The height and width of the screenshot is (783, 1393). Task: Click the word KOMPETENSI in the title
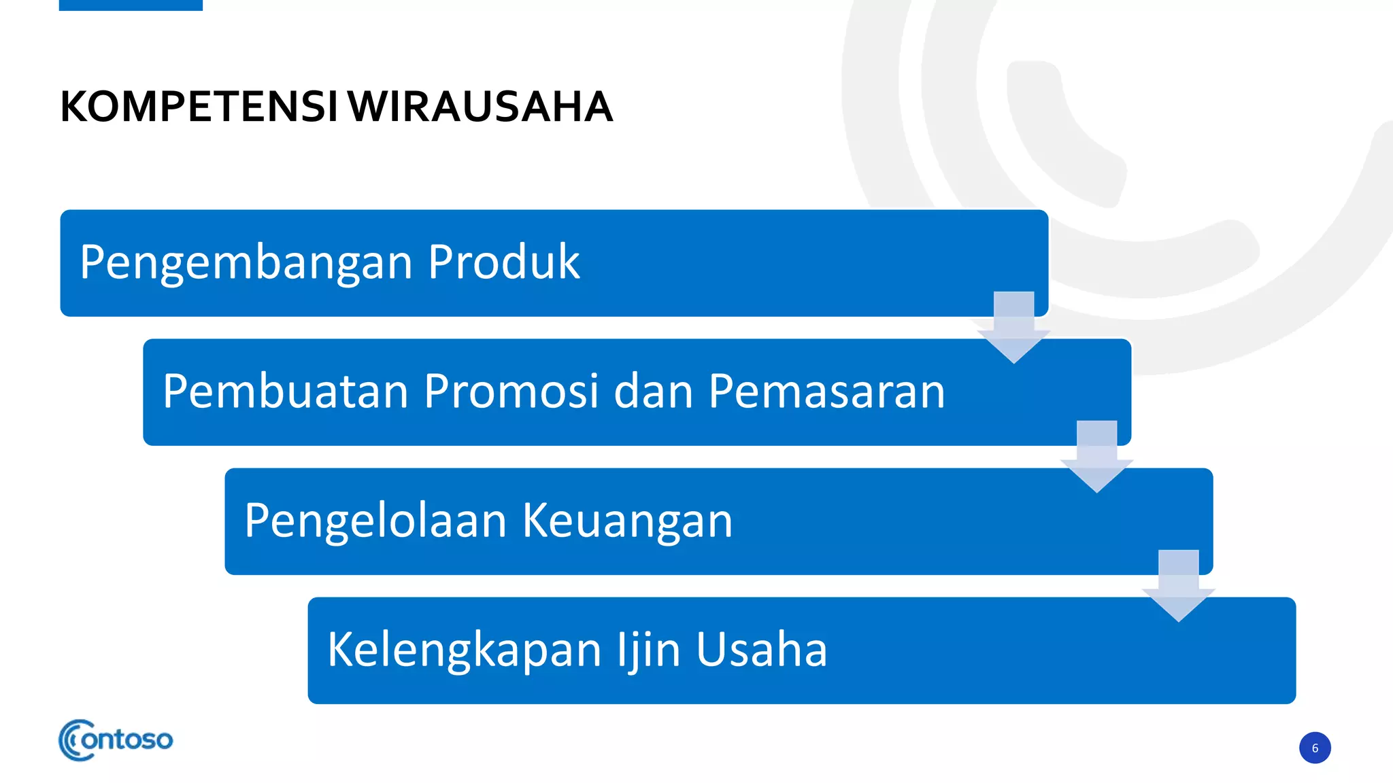pos(199,107)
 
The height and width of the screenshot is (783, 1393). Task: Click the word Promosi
pos(511,391)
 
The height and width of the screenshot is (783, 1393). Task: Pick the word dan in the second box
pos(654,391)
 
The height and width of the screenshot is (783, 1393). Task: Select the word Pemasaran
pos(826,391)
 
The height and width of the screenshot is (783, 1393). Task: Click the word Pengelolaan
pos(375,521)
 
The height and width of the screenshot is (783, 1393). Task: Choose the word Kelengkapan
pos(465,650)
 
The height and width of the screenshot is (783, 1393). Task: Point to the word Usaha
pos(761,649)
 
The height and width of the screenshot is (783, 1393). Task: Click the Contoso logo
pos(116,740)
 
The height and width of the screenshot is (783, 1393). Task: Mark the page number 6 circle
pos(1315,748)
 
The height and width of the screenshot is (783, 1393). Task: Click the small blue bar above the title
pos(131,5)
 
